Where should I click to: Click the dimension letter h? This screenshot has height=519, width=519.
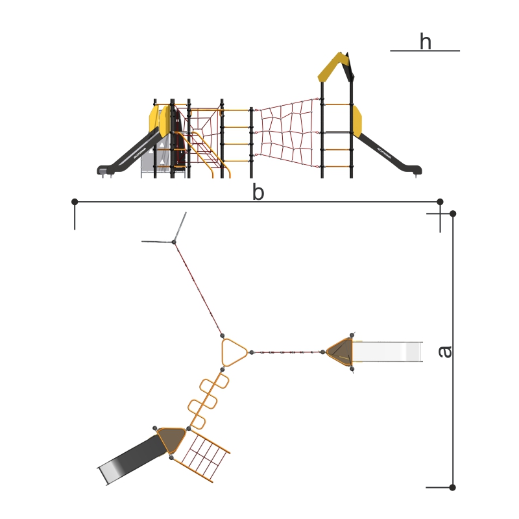[426, 42]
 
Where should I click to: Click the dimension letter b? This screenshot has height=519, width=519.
[258, 191]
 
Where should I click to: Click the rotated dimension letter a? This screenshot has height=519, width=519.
[445, 352]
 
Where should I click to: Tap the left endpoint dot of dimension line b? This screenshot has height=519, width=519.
[75, 202]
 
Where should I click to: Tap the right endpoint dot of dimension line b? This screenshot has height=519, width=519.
[440, 202]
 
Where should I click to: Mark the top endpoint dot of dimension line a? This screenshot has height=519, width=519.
[453, 213]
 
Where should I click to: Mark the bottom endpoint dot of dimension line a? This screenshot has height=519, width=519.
[452, 487]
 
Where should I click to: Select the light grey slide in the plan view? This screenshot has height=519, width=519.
[387, 352]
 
